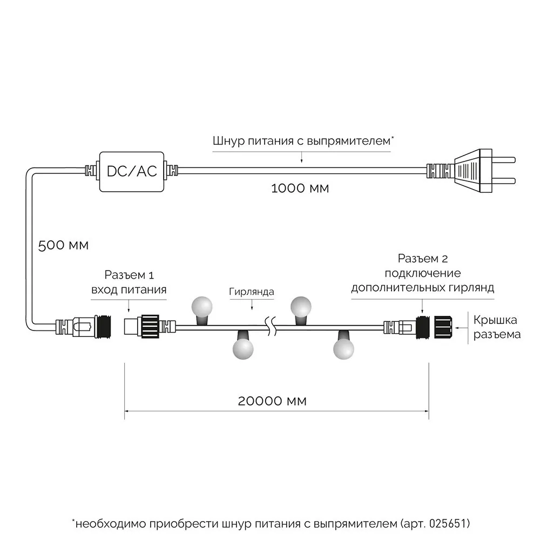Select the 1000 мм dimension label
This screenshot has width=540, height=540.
click(x=300, y=188)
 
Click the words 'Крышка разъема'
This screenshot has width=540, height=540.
click(x=497, y=327)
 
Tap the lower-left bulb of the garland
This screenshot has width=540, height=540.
click(x=242, y=347)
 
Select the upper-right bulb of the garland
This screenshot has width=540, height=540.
click(x=302, y=307)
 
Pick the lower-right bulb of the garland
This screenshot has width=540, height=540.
click(x=343, y=347)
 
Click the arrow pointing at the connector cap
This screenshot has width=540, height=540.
click(x=460, y=327)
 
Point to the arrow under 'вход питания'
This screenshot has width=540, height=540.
click(x=128, y=307)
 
